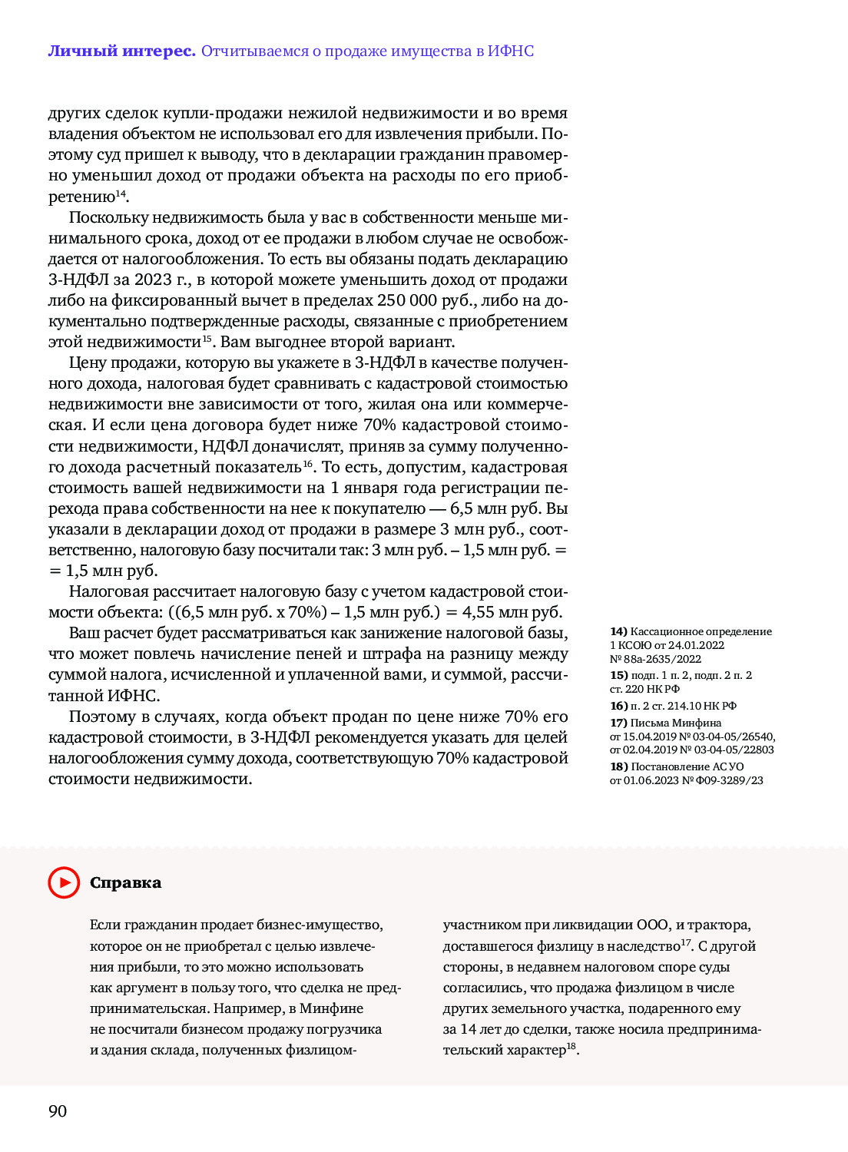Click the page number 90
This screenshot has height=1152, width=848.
58,1111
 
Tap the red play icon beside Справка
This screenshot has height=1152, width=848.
64,882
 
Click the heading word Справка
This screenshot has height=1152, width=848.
125,882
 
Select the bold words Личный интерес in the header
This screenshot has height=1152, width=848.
121,51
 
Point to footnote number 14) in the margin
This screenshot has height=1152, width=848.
618,631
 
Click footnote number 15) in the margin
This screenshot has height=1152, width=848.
618,675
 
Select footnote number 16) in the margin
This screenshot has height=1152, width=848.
618,706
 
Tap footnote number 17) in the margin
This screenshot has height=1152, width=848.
618,723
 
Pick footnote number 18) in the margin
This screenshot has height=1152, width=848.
618,766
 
